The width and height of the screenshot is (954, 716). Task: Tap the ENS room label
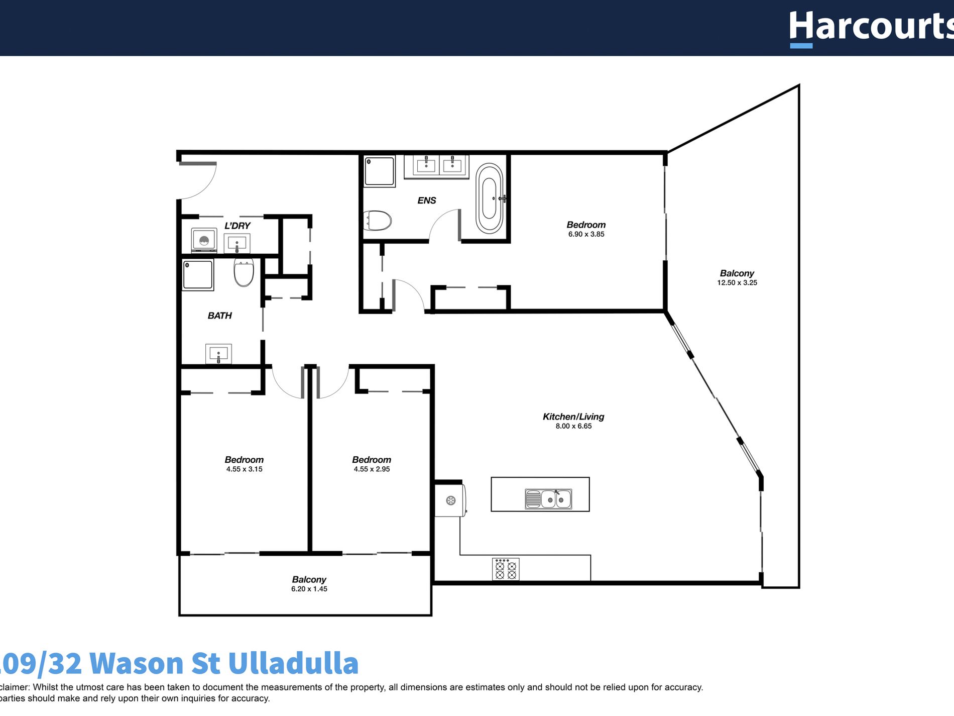click(x=426, y=200)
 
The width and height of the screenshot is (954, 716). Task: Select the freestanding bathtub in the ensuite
click(x=489, y=198)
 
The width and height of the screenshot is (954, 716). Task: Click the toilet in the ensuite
click(x=378, y=220)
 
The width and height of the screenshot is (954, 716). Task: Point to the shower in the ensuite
click(x=380, y=171)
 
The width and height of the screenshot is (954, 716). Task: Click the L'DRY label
click(x=237, y=226)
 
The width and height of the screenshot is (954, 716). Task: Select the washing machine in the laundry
click(x=204, y=240)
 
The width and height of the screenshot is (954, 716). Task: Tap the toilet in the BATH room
click(x=244, y=273)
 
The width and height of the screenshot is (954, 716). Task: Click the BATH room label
click(x=219, y=316)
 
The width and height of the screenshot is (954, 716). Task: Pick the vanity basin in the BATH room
click(x=218, y=354)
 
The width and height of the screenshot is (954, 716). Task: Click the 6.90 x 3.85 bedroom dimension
click(x=586, y=234)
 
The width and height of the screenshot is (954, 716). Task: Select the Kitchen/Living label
click(x=573, y=417)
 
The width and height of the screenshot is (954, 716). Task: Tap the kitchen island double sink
click(x=548, y=499)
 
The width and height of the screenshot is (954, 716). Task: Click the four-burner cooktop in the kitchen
click(x=506, y=569)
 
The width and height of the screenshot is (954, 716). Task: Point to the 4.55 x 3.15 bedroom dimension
click(x=244, y=469)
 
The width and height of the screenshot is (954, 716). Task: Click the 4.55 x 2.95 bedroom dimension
click(x=372, y=469)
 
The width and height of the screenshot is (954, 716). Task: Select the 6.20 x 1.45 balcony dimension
click(x=309, y=589)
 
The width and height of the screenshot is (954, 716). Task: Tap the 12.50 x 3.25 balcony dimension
click(x=737, y=283)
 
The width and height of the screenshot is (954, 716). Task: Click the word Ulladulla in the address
click(x=293, y=663)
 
